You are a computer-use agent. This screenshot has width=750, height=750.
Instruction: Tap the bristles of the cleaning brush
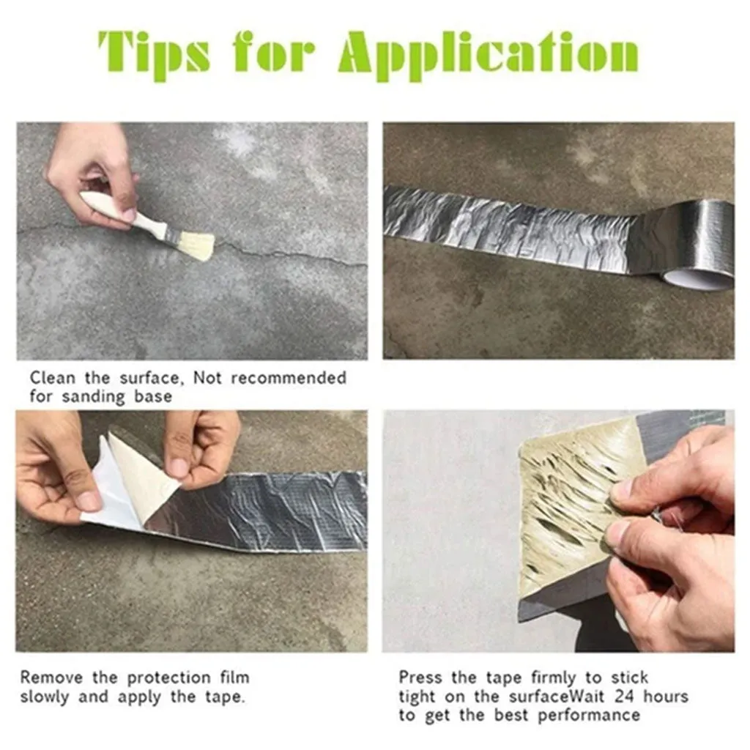197,246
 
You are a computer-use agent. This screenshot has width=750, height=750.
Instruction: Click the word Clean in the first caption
53,378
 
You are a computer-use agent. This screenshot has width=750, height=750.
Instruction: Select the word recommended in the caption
289,378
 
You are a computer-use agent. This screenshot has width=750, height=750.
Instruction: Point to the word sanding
94,397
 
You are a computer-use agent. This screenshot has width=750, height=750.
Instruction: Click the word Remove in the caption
52,677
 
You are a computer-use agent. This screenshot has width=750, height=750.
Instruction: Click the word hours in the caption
666,696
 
